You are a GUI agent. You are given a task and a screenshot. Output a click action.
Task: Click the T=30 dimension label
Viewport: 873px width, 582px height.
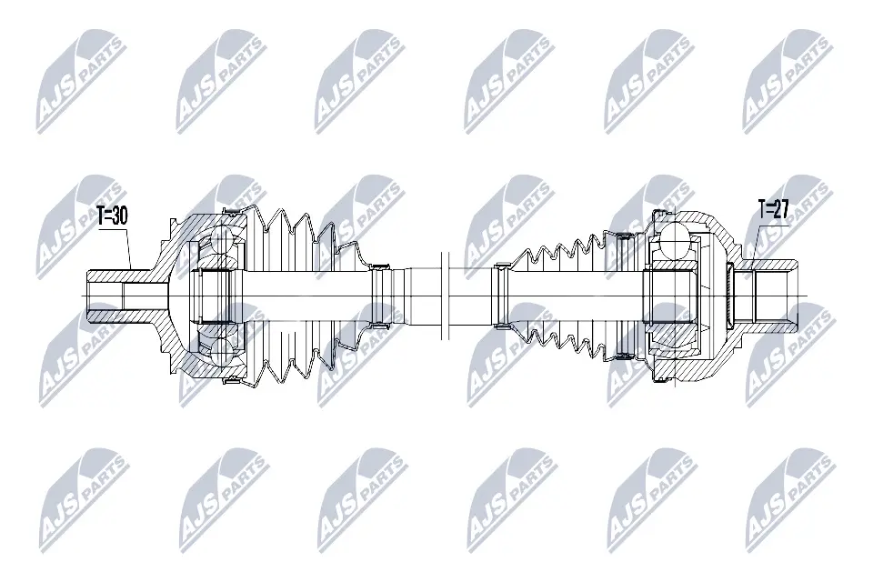(x=112, y=216)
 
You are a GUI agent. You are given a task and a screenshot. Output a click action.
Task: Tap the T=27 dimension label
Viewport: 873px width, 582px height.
(x=773, y=210)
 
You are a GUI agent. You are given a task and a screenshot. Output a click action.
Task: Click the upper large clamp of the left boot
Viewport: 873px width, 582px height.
(x=234, y=213)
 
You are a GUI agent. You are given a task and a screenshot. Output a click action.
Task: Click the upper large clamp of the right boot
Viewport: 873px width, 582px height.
(x=625, y=237)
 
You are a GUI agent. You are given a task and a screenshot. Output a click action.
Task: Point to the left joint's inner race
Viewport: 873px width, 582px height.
(x=216, y=296)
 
